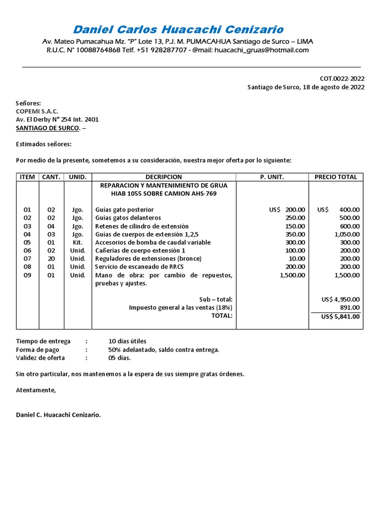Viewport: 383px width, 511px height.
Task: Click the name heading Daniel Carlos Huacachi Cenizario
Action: (x=178, y=29)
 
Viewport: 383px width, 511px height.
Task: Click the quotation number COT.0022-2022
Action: (x=342, y=78)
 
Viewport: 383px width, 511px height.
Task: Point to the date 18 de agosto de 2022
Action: (x=333, y=87)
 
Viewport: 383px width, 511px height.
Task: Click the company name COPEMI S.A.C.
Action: (x=37, y=111)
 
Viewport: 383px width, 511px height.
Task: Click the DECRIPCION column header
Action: (x=164, y=177)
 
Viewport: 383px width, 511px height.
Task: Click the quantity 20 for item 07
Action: (x=51, y=258)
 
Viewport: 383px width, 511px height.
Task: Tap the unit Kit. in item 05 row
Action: (x=77, y=243)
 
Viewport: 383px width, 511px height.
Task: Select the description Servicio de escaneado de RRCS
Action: (x=139, y=267)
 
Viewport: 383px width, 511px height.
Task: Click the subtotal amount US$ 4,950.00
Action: (x=341, y=299)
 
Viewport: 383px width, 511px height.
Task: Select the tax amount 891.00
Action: (x=350, y=307)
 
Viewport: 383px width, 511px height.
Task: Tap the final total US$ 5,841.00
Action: (x=341, y=316)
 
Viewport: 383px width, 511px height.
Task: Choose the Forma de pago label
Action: (x=37, y=350)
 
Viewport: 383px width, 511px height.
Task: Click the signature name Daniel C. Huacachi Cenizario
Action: (x=58, y=415)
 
